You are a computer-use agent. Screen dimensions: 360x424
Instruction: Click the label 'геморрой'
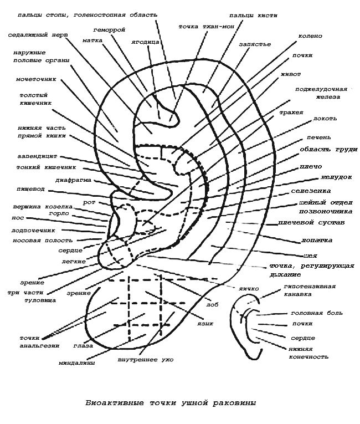click(109, 30)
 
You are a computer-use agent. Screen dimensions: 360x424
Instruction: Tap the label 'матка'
click(92, 40)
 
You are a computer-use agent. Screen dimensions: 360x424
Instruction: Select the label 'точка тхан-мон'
click(206, 27)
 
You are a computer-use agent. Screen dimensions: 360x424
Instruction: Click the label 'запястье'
click(255, 44)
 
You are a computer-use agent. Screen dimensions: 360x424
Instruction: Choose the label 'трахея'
click(291, 113)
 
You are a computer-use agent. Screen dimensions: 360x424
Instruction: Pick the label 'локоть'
click(325, 119)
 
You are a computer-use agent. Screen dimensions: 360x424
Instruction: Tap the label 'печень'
click(318, 137)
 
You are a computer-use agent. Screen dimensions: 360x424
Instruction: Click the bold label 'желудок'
click(337, 177)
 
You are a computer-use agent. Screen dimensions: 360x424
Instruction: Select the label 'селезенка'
click(311, 191)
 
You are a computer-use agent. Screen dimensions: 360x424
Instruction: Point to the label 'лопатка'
click(317, 240)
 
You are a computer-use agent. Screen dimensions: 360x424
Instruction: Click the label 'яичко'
click(248, 289)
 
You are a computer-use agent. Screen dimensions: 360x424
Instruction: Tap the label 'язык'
click(205, 324)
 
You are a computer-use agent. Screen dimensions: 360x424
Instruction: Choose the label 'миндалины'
click(77, 363)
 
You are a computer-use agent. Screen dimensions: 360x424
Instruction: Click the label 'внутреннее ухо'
click(146, 360)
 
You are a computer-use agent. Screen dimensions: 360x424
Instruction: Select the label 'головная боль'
click(317, 313)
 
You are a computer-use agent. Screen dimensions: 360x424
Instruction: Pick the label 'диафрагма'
click(73, 180)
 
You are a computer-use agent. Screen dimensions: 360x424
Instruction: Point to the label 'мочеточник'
click(36, 79)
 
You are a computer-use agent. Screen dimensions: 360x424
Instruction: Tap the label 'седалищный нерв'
click(38, 35)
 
